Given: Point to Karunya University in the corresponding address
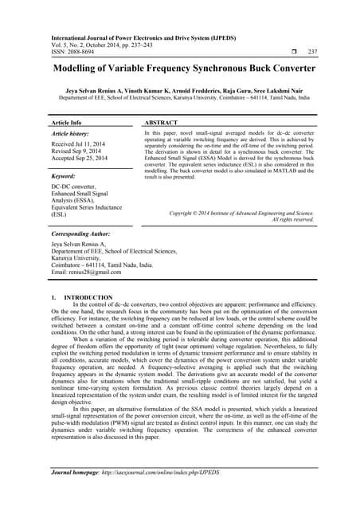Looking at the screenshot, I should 80,257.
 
